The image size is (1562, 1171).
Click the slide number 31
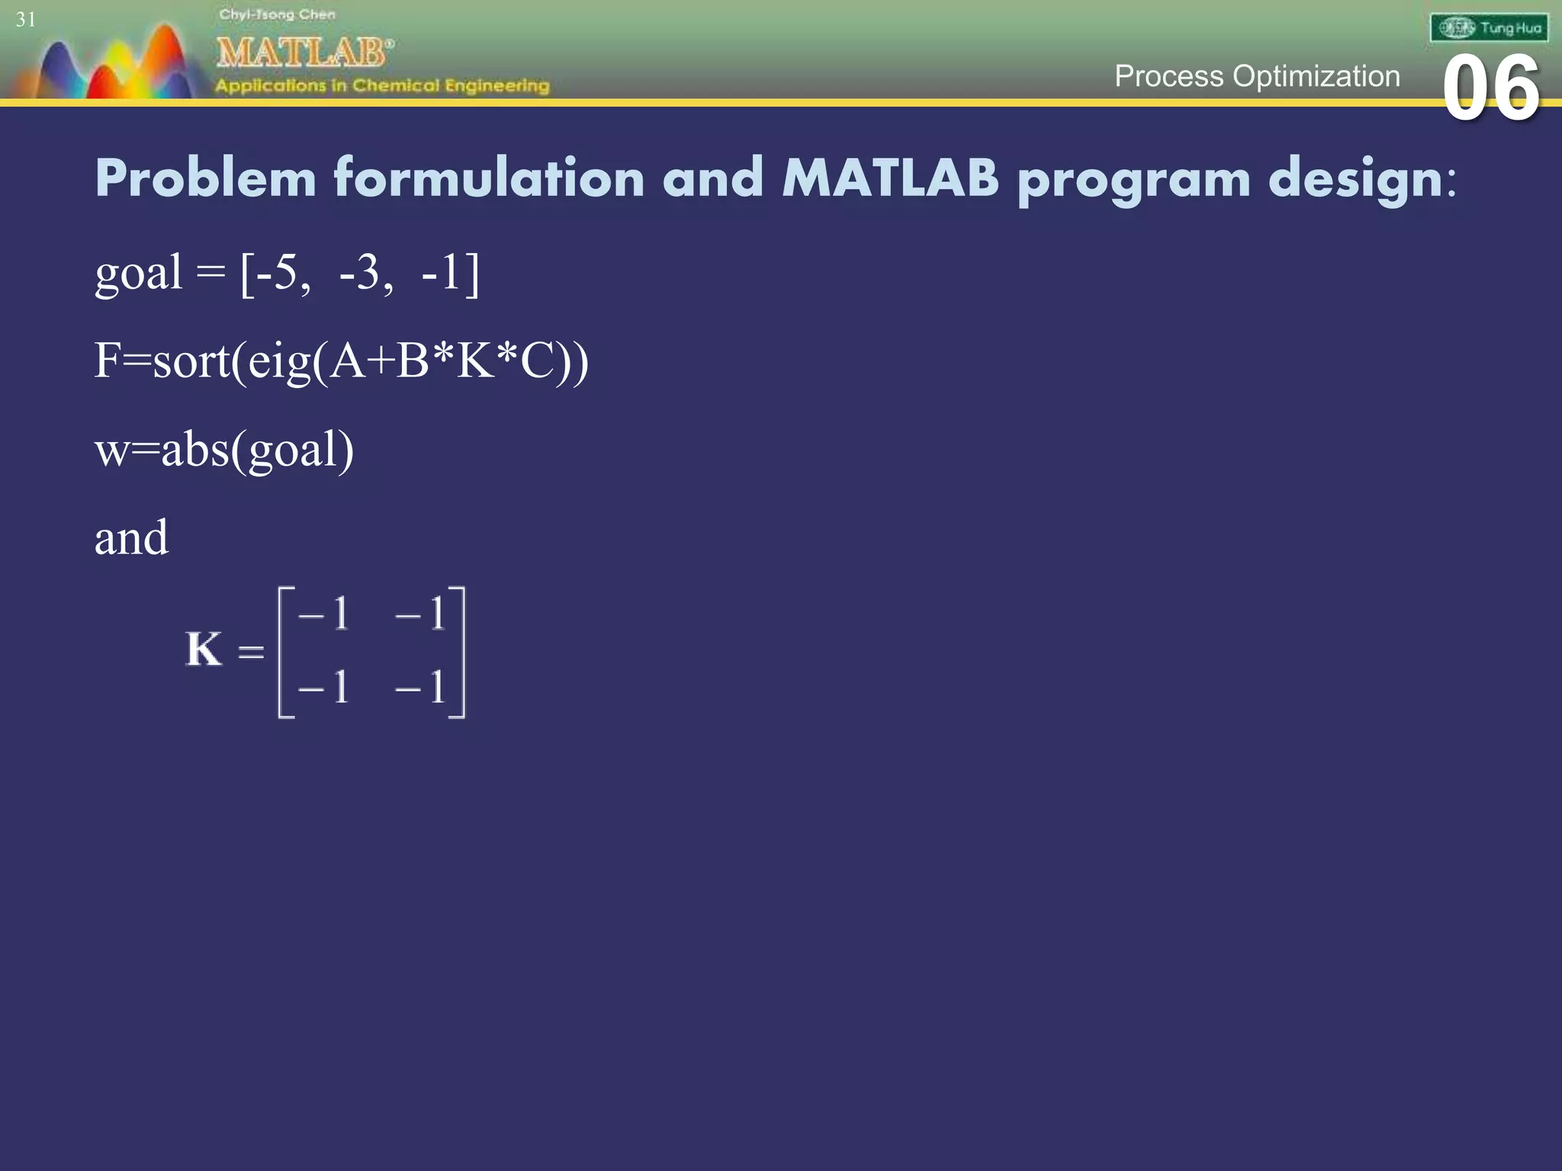pyautogui.click(x=26, y=20)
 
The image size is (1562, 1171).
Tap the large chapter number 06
pyautogui.click(x=1490, y=88)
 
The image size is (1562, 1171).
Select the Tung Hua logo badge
pyautogui.click(x=1489, y=28)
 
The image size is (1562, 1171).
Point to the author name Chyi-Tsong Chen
pyautogui.click(x=277, y=14)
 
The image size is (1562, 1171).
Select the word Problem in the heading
pyautogui.click(x=205, y=178)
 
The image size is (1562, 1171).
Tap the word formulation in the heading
pyautogui.click(x=489, y=178)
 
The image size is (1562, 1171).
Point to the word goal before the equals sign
pyautogui.click(x=138, y=274)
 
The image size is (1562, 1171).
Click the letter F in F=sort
pyautogui.click(x=107, y=361)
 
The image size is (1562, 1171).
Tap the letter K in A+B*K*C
pyautogui.click(x=474, y=361)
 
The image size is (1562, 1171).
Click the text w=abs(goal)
pyautogui.click(x=224, y=450)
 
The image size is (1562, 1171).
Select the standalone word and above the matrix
pyautogui.click(x=131, y=537)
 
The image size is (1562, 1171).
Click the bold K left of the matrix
pyautogui.click(x=204, y=650)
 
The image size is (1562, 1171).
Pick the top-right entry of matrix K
pyautogui.click(x=420, y=614)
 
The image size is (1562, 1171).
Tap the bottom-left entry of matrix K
pyautogui.click(x=324, y=687)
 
